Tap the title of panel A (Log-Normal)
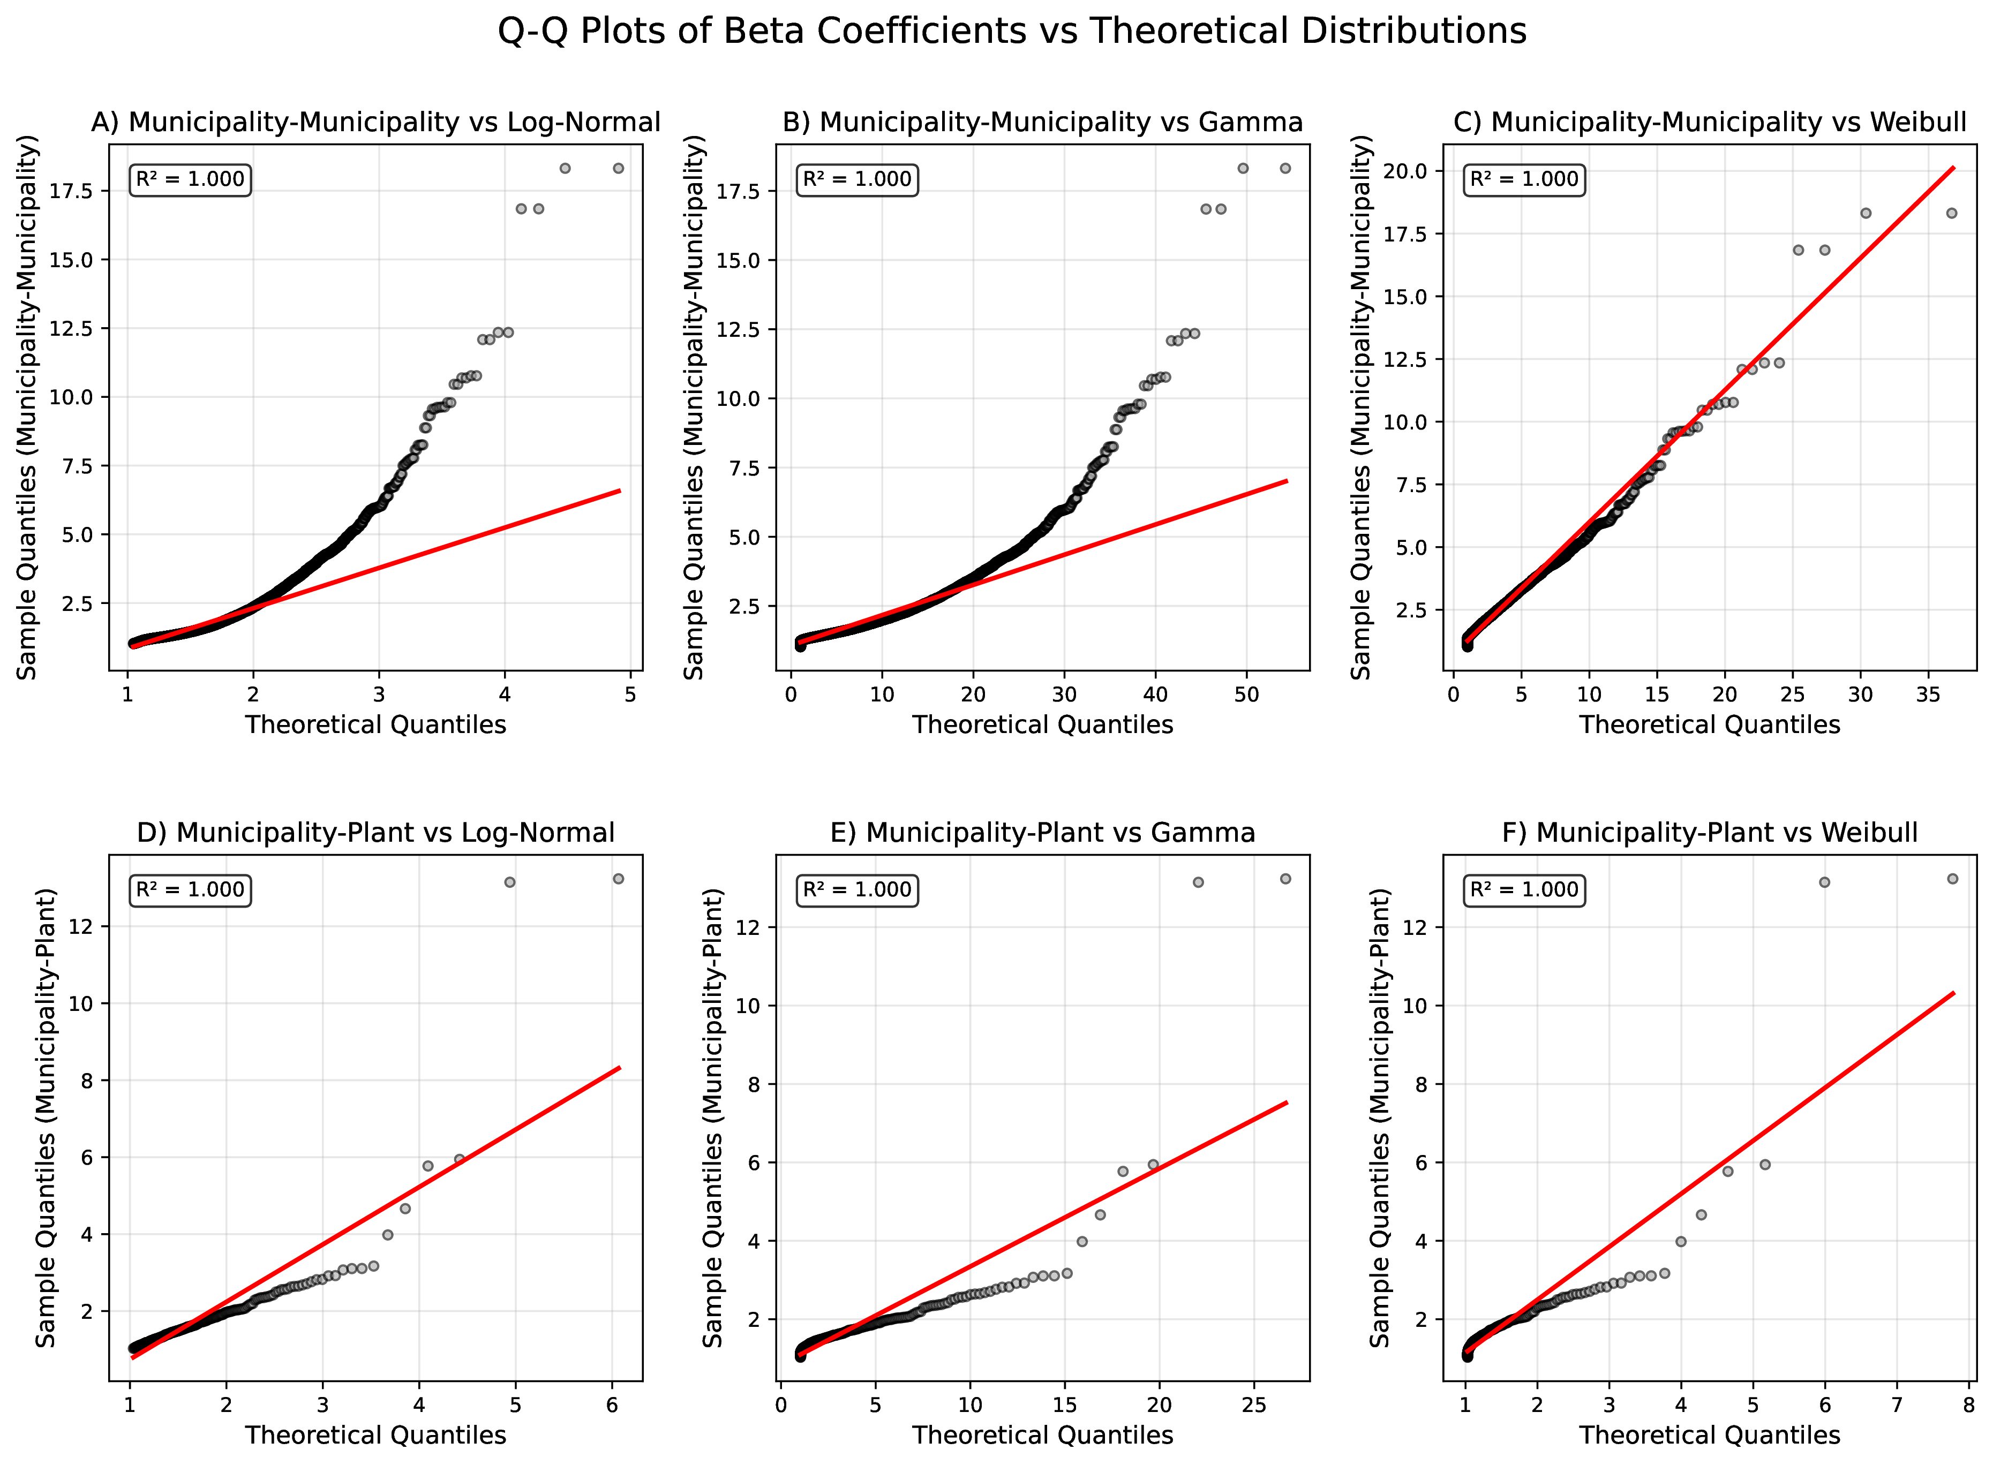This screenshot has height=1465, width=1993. (x=376, y=123)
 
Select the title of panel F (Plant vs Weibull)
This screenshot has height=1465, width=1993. (x=1709, y=833)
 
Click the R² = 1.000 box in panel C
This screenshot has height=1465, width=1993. (x=1524, y=179)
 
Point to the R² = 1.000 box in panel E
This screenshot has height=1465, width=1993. (x=857, y=889)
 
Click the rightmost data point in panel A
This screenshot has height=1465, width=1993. (x=618, y=169)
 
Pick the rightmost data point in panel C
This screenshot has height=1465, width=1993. (x=1951, y=213)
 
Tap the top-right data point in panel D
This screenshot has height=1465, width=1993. (x=618, y=879)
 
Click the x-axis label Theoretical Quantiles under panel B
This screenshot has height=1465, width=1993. (x=1042, y=724)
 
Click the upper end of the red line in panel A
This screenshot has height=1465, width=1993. (x=619, y=490)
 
